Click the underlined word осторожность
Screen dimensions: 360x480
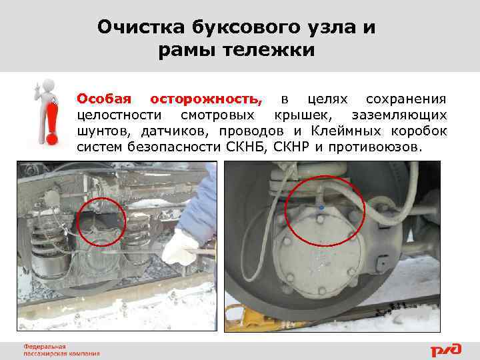207,99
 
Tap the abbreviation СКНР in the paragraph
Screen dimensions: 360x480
293,146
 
